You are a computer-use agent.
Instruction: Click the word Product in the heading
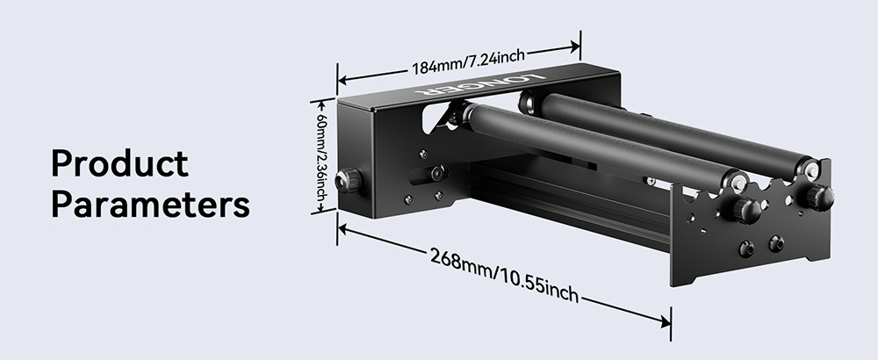[120, 163]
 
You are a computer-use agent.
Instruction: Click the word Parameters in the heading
[150, 205]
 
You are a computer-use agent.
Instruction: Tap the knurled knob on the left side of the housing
[350, 179]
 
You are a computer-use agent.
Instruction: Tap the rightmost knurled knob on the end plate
[818, 196]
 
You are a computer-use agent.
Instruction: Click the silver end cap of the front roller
[736, 182]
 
